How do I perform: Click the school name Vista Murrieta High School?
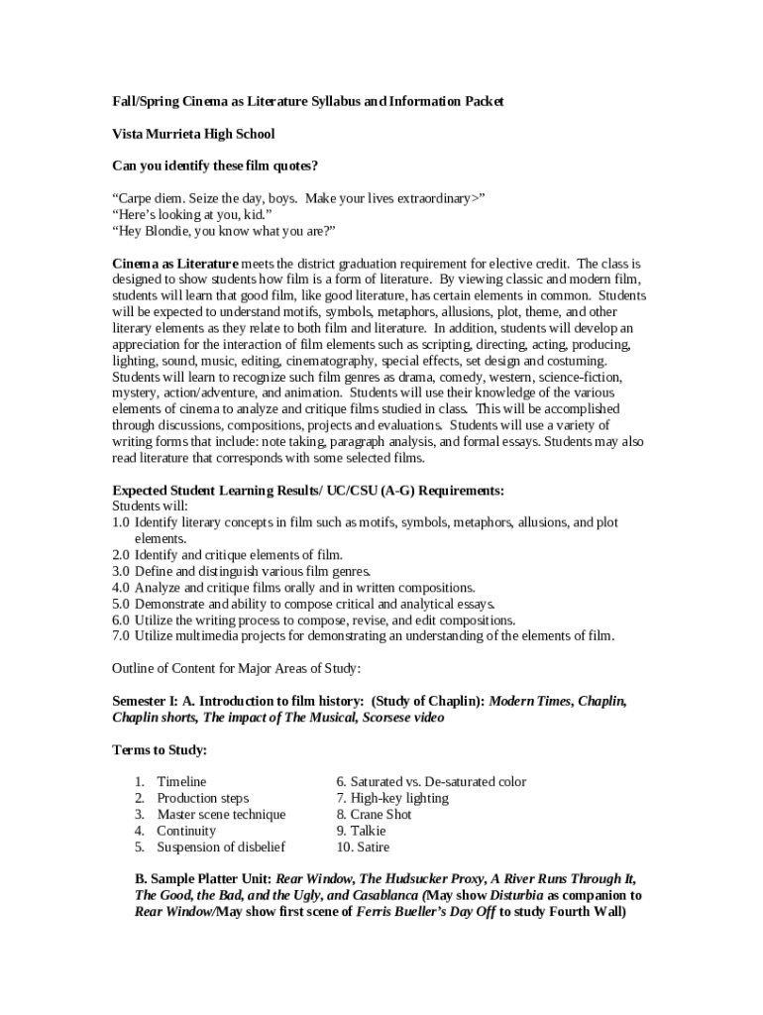[193, 134]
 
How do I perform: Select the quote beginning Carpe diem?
[298, 198]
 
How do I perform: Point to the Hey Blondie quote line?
[224, 231]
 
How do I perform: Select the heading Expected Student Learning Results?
[308, 490]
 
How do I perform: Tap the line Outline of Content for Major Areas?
[237, 668]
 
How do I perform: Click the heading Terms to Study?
[160, 749]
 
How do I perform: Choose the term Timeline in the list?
[181, 782]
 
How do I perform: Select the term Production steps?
[202, 798]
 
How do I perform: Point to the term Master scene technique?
[221, 815]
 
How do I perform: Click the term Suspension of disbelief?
[221, 847]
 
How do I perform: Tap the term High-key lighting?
[392, 798]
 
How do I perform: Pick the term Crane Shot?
[374, 815]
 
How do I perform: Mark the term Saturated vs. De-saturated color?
[431, 782]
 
